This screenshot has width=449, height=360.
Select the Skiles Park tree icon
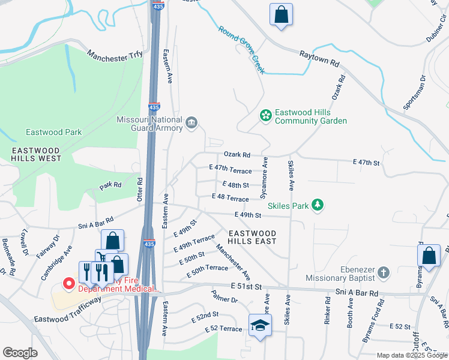point(318,206)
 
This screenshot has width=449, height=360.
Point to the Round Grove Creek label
point(242,50)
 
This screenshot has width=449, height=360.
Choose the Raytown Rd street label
point(320,58)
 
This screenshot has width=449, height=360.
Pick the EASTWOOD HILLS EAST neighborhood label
point(252,237)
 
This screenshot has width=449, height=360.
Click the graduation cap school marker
point(260,325)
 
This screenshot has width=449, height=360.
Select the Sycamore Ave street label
point(264,178)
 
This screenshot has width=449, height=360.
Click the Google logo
point(20,353)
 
